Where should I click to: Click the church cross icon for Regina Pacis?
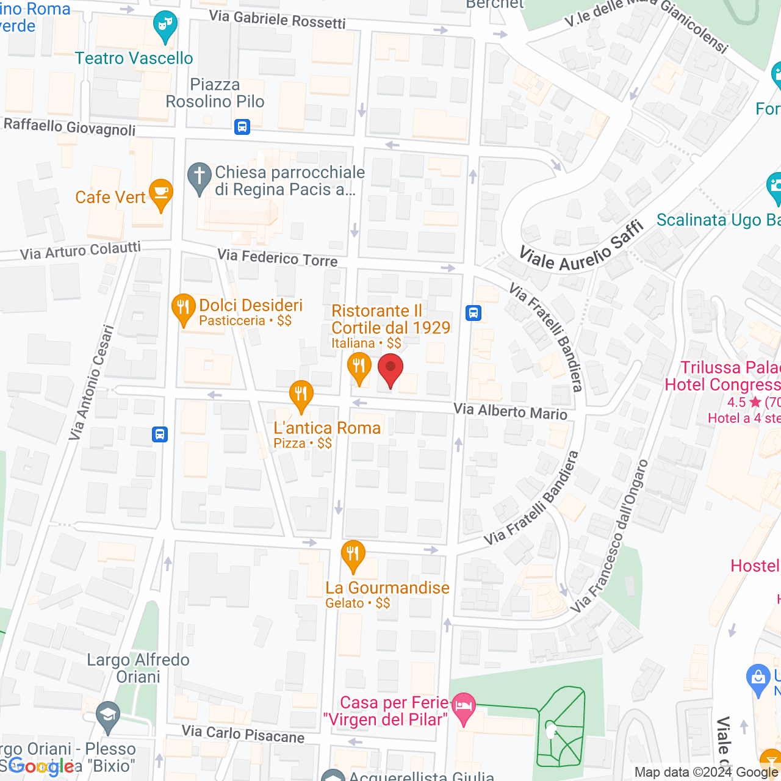[x=199, y=178]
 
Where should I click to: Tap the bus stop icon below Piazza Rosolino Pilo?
[x=242, y=127]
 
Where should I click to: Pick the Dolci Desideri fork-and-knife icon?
[x=183, y=309]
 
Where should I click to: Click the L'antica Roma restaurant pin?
[x=301, y=395]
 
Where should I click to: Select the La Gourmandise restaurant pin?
[x=353, y=555]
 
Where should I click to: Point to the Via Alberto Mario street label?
[x=511, y=412]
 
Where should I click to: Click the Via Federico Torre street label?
[x=278, y=257]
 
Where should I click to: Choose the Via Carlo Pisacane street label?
[x=243, y=734]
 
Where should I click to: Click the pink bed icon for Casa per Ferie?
[x=464, y=708]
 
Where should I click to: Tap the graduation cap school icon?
[x=109, y=716]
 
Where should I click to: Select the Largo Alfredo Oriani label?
[x=139, y=668]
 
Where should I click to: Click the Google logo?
[x=41, y=766]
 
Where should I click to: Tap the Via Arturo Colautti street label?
[x=81, y=251]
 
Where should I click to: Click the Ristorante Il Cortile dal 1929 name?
[x=390, y=319]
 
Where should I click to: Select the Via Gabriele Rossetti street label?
[x=278, y=19]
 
